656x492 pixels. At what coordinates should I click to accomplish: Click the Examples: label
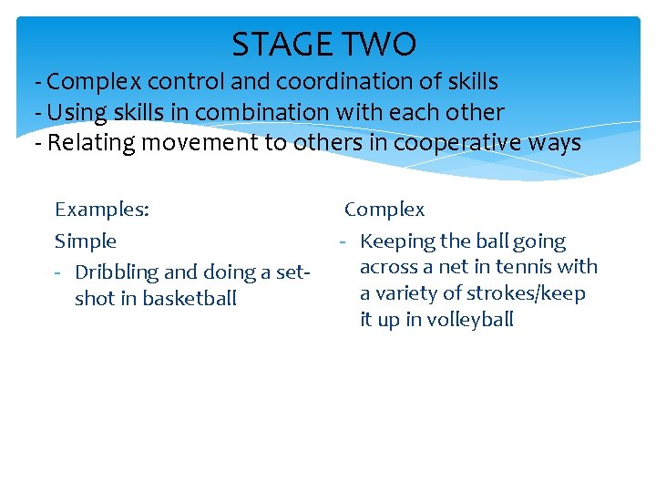102,210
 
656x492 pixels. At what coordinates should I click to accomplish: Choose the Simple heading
86,241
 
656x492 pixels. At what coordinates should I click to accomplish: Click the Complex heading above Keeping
384,210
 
